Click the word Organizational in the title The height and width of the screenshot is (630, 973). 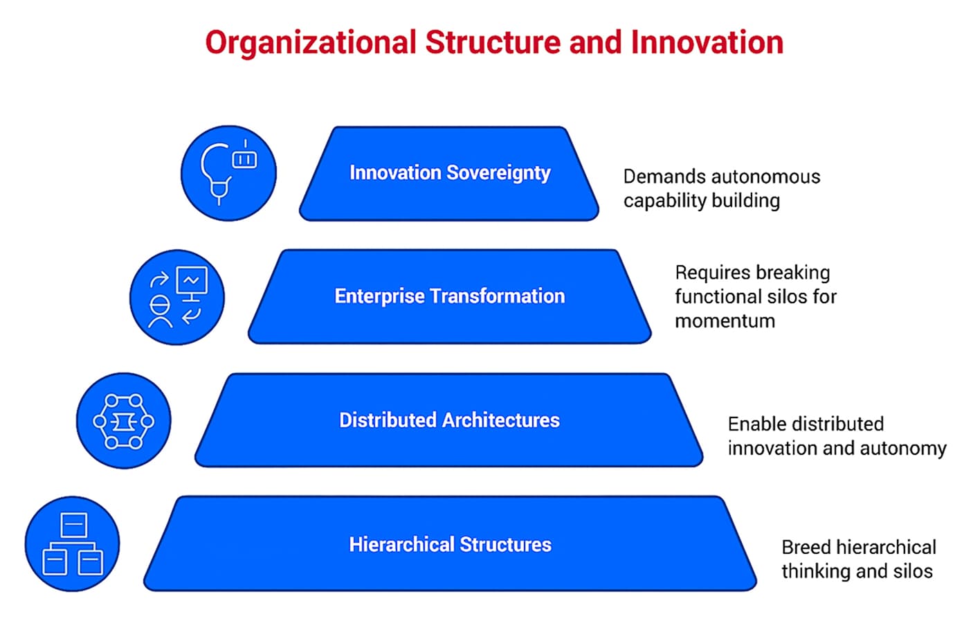[309, 43]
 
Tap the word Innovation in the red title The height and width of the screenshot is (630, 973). [707, 43]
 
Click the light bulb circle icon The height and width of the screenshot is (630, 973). [228, 173]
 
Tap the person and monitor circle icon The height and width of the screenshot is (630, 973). [177, 297]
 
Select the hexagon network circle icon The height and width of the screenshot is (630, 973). [123, 421]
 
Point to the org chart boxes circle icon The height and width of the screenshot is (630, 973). [72, 544]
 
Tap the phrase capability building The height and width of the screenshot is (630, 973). [701, 201]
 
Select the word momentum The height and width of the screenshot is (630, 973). [725, 321]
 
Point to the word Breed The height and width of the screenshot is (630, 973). [806, 548]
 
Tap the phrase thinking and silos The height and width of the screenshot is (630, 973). [857, 572]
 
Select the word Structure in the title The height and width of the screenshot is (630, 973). [493, 43]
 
